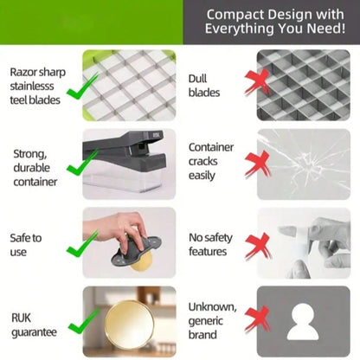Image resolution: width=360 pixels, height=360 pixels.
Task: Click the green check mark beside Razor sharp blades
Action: [x=82, y=87]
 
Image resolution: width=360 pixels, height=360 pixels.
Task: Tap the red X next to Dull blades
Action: [x=258, y=82]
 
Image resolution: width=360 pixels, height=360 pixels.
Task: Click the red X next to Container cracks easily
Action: [x=258, y=164]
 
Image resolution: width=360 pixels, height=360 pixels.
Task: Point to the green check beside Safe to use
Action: [x=82, y=244]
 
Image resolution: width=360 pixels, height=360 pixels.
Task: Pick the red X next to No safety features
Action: [x=258, y=246]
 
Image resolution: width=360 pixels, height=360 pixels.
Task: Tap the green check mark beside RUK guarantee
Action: [x=84, y=321]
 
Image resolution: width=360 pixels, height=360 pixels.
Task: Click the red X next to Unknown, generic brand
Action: [x=258, y=319]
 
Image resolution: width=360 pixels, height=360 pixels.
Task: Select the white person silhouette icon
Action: [x=303, y=321]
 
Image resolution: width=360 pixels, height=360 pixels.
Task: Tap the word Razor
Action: [x=22, y=72]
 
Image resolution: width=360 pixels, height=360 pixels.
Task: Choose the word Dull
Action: [x=197, y=79]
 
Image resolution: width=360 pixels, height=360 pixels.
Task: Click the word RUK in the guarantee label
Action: [x=21, y=318]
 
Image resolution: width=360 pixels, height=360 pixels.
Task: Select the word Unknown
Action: [x=212, y=307]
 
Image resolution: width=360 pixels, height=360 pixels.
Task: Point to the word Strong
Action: [x=30, y=154]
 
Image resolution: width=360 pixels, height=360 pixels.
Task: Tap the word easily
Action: [x=202, y=176]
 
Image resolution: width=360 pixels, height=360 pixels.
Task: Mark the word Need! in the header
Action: [x=326, y=29]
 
